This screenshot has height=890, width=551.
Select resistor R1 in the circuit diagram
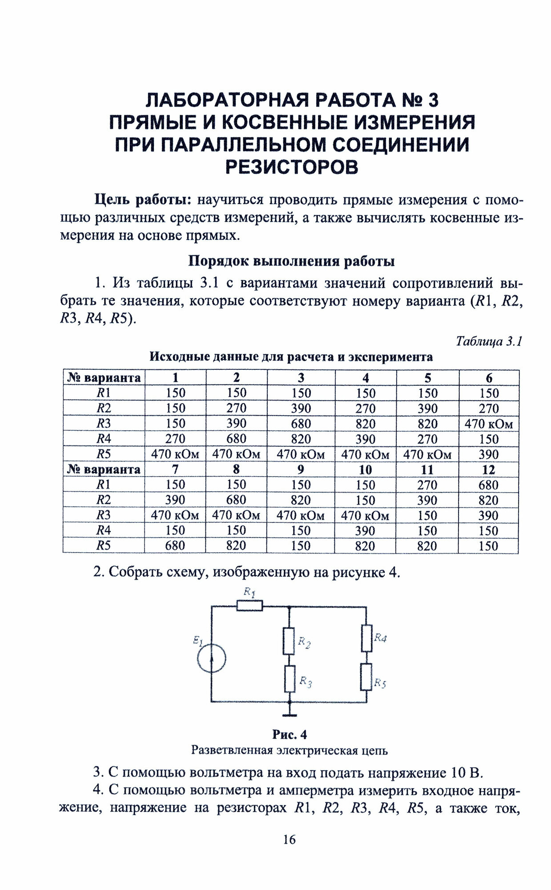249,606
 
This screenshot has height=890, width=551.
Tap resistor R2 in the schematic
290,641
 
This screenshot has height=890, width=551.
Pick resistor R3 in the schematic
290,679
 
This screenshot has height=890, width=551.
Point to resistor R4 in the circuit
366,638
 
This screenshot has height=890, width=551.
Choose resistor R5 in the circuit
366,677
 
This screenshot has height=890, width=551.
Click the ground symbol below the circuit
290,715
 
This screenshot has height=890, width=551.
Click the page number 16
289,840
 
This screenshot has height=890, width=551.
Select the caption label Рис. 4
290,735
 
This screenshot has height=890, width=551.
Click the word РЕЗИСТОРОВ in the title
292,167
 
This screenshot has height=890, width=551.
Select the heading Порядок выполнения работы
292,261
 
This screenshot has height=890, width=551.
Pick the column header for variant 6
489,378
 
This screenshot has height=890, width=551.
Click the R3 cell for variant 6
489,424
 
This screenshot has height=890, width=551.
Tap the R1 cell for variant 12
488,485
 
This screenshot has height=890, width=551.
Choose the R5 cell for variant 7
175,546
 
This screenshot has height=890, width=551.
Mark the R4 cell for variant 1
175,439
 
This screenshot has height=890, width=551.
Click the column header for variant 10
365,469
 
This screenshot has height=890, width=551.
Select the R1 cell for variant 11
427,485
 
